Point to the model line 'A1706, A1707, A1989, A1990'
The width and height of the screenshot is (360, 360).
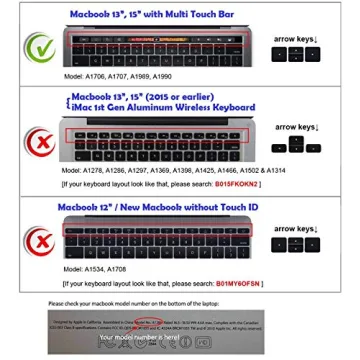pyautogui.click(x=118, y=76)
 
